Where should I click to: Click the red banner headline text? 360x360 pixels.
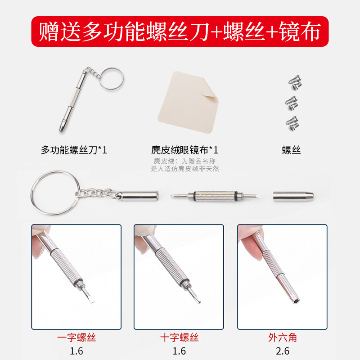pyautogui.click(x=180, y=31)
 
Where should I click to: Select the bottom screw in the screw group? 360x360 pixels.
pyautogui.click(x=292, y=122)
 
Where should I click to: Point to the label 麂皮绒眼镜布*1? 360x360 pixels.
pyautogui.click(x=184, y=150)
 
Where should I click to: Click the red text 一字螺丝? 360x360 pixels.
pyautogui.click(x=76, y=338)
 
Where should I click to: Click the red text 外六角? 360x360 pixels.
pyautogui.click(x=282, y=338)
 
